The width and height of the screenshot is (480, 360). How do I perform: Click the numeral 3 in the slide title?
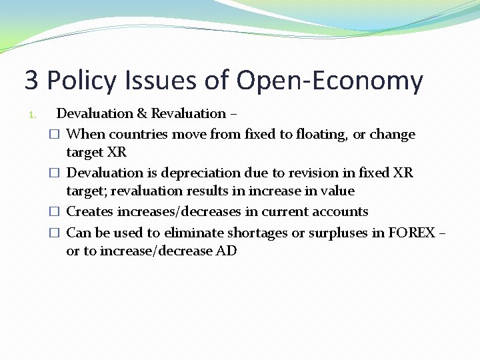point(31,81)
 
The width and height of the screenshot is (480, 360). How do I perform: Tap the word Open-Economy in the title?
point(329,81)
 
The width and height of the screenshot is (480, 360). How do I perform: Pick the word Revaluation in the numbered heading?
point(188,113)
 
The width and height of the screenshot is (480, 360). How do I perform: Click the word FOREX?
point(411,233)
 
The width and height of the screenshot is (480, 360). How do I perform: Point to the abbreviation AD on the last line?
point(225,251)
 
